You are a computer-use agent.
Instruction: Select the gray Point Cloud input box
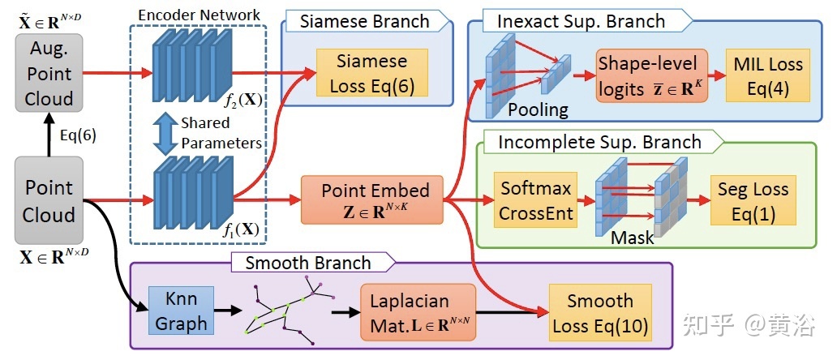pyautogui.click(x=49, y=201)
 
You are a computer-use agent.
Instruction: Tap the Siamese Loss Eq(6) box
pyautogui.click(x=371, y=73)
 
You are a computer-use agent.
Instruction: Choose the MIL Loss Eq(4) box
pyautogui.click(x=767, y=76)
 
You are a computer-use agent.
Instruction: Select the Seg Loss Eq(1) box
pyautogui.click(x=753, y=201)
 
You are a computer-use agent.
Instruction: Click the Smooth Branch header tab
pyautogui.click(x=308, y=263)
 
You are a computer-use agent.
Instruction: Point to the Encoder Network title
pyautogui.click(x=200, y=15)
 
